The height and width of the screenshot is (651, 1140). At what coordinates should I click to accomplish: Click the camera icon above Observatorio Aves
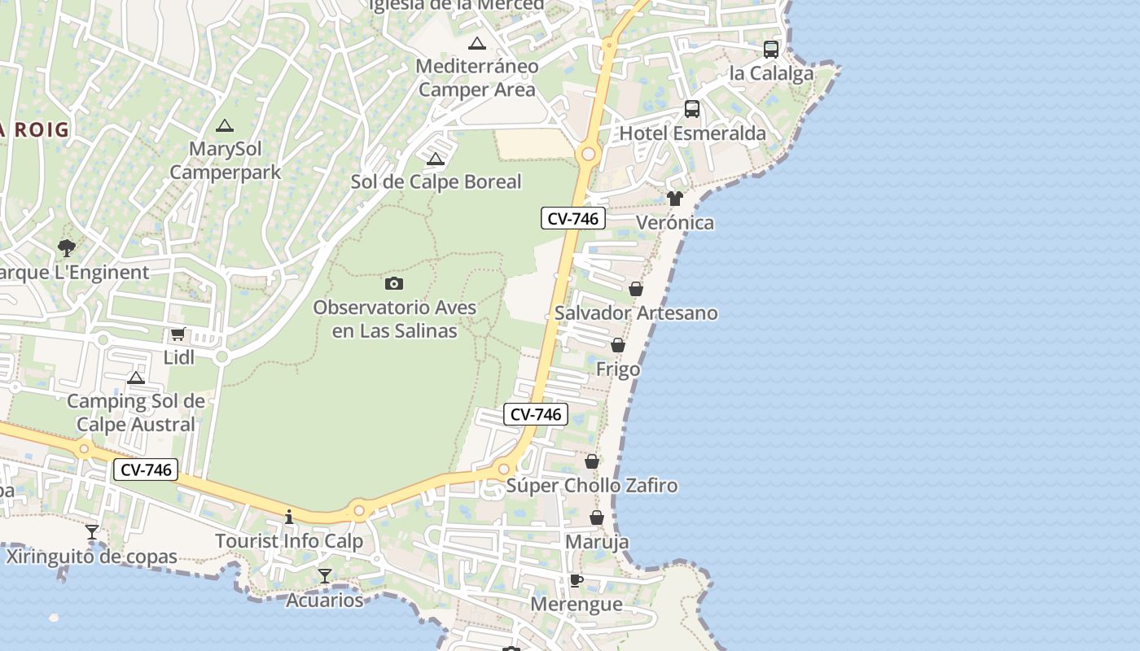click(x=394, y=283)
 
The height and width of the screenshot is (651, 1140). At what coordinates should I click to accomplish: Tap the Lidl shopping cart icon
click(x=178, y=333)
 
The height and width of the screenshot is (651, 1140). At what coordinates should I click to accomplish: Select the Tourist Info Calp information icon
click(x=288, y=517)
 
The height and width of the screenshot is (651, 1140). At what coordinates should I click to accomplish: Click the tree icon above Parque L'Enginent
click(x=67, y=247)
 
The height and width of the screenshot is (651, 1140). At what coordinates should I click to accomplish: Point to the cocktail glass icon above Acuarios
click(x=325, y=576)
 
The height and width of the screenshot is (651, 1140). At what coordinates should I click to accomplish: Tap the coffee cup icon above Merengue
click(x=576, y=580)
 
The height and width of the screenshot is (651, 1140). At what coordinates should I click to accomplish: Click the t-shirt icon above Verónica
click(x=674, y=198)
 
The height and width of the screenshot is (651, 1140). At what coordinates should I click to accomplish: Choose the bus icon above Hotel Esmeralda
click(x=692, y=108)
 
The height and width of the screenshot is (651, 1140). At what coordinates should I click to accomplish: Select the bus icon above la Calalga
click(x=770, y=49)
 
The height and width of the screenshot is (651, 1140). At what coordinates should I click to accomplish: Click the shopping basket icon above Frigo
click(x=618, y=345)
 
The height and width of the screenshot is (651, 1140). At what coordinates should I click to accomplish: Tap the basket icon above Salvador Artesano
click(x=636, y=289)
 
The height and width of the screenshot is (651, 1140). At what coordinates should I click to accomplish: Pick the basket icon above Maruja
click(x=597, y=518)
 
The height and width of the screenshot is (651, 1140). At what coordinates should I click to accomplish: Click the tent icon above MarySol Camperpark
click(x=225, y=125)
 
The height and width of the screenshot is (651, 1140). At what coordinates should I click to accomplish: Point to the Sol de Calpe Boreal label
click(x=436, y=181)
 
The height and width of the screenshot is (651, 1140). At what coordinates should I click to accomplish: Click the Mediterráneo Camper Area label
click(x=477, y=77)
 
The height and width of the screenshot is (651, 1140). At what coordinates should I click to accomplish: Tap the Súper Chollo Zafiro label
click(x=592, y=486)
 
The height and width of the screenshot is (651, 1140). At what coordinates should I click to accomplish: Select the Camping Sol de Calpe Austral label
click(x=136, y=413)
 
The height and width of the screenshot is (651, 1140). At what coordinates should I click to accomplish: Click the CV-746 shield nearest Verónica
click(x=573, y=218)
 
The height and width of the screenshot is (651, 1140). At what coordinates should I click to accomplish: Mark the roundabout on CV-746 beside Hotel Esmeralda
click(x=588, y=154)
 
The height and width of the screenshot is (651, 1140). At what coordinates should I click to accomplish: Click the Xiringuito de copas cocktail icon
click(x=92, y=532)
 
